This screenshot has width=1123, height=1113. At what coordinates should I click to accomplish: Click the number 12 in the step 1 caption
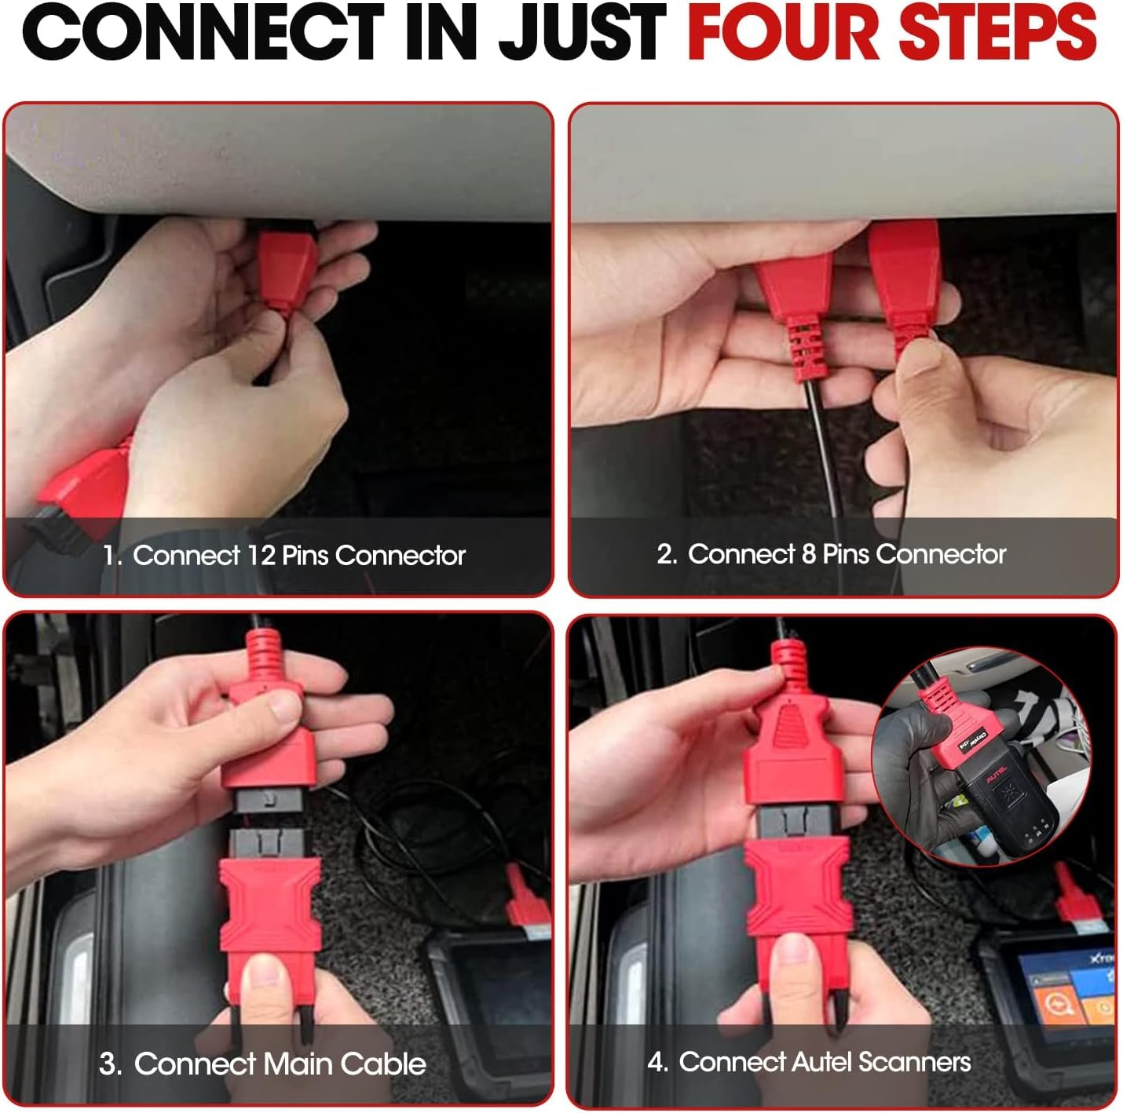(x=261, y=555)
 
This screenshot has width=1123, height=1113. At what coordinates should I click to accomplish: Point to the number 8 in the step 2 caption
(x=808, y=553)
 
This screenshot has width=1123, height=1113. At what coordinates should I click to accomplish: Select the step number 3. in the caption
(x=110, y=1064)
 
